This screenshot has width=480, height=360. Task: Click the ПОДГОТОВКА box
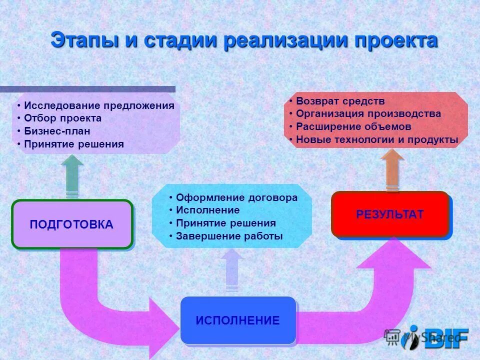point(72,224)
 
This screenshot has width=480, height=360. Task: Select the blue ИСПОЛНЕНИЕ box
point(238,320)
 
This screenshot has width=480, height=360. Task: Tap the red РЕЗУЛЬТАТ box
point(390,214)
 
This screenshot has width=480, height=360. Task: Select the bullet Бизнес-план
point(57,131)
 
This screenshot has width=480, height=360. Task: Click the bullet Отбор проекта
point(62,118)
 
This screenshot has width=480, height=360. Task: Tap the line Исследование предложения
point(99,105)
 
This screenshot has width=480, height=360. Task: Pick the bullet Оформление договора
point(236,197)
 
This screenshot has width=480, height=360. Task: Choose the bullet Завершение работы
point(229,236)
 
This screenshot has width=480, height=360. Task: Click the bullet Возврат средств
point(340,101)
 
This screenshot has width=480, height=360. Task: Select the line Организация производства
point(368,114)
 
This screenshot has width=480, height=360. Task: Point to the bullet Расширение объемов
point(353,127)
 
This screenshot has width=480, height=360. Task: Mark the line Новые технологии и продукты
point(376,140)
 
